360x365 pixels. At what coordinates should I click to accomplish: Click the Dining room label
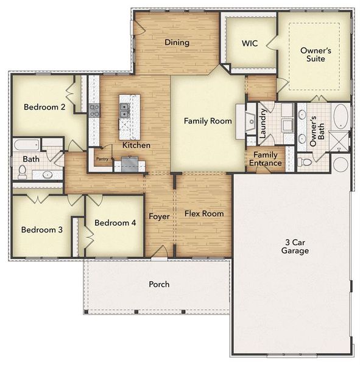177,43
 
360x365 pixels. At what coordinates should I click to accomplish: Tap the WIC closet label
250,44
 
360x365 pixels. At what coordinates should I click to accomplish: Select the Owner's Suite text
316,55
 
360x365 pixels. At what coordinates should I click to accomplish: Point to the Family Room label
208,121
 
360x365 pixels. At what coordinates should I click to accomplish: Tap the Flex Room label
204,214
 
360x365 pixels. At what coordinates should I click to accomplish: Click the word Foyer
160,217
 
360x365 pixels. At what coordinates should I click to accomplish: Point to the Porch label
159,284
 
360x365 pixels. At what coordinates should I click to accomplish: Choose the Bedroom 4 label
115,223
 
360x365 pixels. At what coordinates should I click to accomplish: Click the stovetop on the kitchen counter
94,110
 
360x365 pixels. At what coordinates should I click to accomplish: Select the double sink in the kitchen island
124,110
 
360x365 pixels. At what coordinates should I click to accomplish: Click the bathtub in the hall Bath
27,145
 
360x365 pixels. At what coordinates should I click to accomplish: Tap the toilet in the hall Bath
23,172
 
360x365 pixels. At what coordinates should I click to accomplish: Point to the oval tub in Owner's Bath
341,116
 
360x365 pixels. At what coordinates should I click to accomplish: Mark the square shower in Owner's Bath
339,141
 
